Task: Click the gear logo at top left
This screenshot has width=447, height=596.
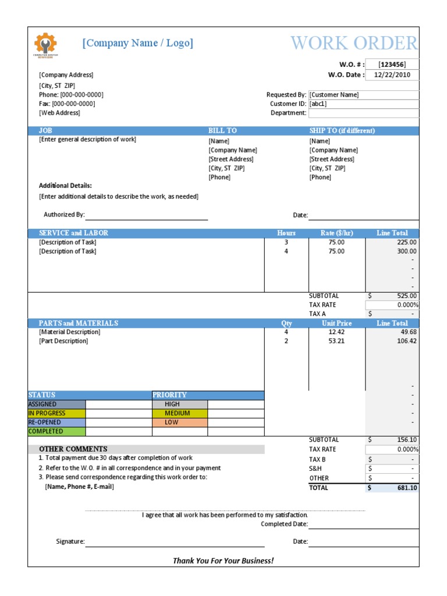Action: [45, 44]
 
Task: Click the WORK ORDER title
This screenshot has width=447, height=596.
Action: [354, 43]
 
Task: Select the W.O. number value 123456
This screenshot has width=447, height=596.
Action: [392, 65]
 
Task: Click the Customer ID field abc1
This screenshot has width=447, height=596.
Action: [363, 104]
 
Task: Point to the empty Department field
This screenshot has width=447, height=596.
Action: [363, 113]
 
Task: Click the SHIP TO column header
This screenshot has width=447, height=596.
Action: [342, 130]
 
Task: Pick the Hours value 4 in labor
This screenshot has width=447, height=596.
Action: [286, 251]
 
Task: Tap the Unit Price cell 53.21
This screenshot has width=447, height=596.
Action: [336, 341]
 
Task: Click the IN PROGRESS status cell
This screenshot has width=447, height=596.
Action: [56, 413]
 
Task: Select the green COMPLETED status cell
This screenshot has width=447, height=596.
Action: [56, 431]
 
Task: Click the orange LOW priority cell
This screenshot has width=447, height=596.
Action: [179, 422]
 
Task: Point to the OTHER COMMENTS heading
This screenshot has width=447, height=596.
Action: [73, 449]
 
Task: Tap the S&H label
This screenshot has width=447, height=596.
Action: [315, 468]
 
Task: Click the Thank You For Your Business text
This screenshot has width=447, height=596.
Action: [223, 560]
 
